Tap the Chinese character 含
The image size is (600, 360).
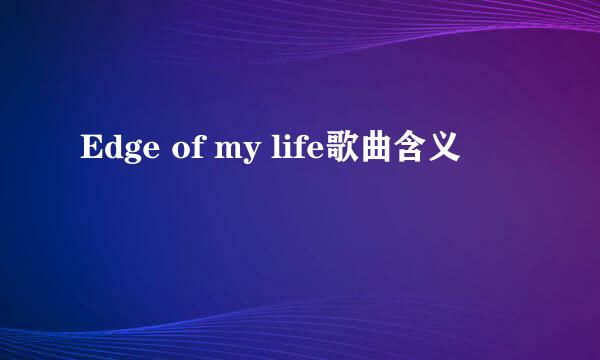(x=411, y=151)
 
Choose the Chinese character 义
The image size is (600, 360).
(x=447, y=151)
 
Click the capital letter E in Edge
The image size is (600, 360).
(x=90, y=151)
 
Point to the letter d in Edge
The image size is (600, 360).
(x=111, y=151)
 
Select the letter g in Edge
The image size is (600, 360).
(x=130, y=155)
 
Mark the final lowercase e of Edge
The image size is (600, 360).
(x=147, y=153)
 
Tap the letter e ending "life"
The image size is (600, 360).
(x=309, y=153)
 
